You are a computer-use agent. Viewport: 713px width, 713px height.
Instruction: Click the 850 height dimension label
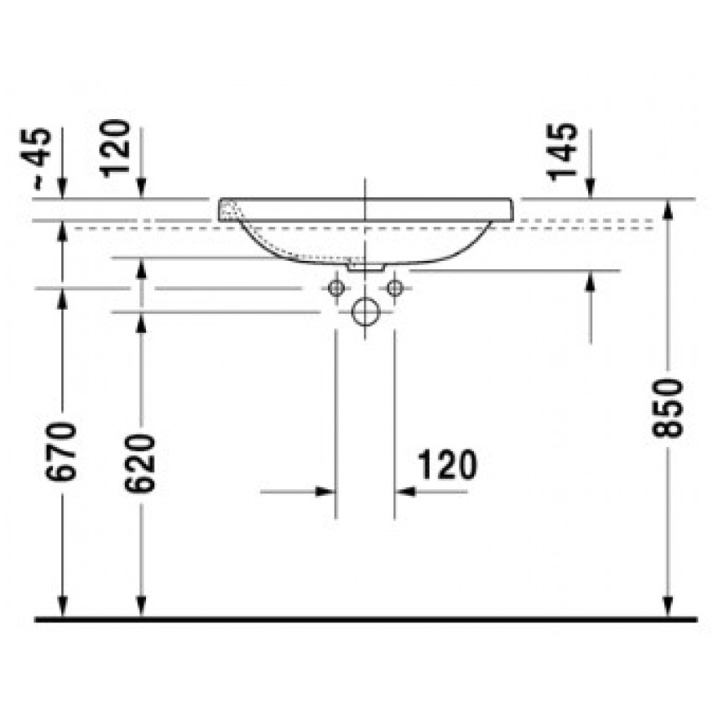coord(668,408)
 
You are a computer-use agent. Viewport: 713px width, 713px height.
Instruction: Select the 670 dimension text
coord(61,451)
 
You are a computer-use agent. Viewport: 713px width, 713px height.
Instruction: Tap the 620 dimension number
coord(139,463)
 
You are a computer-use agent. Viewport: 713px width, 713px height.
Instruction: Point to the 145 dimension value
coord(562,152)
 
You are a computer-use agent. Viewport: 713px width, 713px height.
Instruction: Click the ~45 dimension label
coord(36,158)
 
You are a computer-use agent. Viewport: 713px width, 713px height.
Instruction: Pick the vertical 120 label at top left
coord(115,148)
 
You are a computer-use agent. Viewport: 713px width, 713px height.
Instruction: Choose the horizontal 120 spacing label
coord(447,464)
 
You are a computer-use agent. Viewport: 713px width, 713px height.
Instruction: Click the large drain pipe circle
coord(366,312)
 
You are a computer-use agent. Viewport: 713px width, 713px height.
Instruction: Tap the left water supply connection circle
coord(336,288)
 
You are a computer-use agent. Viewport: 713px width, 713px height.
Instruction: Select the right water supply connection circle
coord(395,288)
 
